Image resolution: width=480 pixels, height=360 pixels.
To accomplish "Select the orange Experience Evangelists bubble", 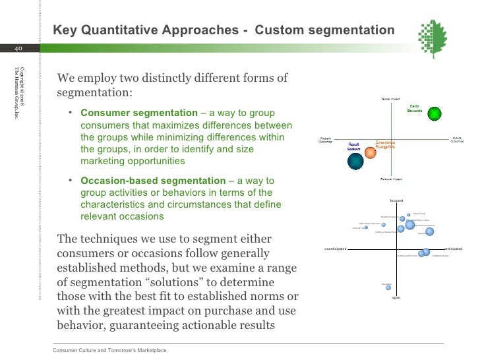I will tap(371, 153).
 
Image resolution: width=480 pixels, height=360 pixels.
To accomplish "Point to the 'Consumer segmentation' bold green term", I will tap(138, 113).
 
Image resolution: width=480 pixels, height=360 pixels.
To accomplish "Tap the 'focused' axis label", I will tap(396, 200).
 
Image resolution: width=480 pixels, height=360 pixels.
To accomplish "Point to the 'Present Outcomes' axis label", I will tap(326, 140).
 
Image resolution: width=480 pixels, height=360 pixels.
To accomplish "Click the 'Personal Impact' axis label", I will tap(392, 179).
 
